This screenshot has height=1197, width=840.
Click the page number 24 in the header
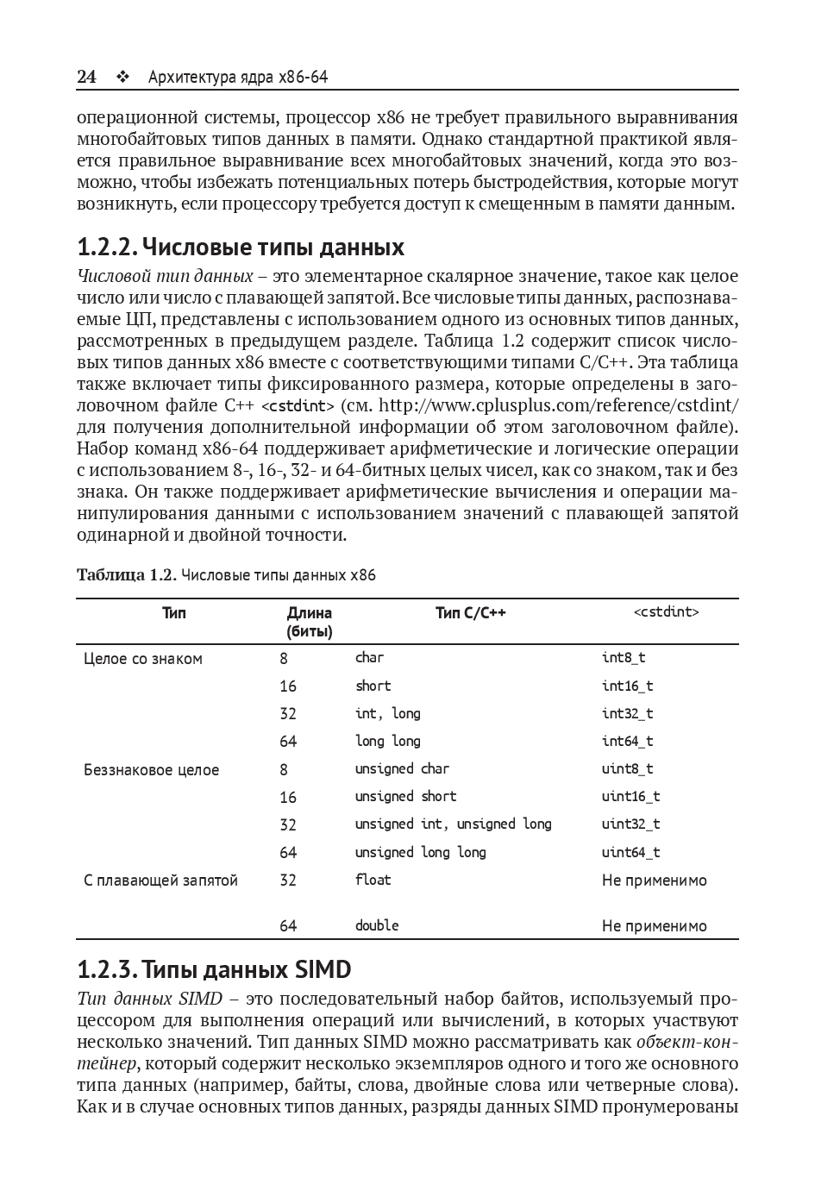point(86,78)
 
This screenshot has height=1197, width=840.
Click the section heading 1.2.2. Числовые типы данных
point(241,248)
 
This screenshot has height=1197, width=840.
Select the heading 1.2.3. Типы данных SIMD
point(214,970)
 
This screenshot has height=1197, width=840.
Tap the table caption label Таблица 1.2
point(126,575)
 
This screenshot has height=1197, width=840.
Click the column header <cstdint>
point(666,612)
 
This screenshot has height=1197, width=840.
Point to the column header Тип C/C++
point(470,613)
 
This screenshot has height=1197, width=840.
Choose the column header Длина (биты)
point(309,622)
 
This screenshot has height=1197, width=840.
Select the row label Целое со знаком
point(143,659)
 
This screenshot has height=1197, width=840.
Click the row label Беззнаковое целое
point(152,770)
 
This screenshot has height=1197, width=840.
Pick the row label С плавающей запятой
point(160,881)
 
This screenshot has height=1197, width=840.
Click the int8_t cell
point(624,658)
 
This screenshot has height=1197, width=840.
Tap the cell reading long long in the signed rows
point(387,741)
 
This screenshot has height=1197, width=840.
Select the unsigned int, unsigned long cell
point(453,824)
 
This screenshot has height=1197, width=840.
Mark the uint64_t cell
point(630,852)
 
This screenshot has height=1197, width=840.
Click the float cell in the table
point(373,880)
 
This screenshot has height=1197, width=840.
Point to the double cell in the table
point(377,925)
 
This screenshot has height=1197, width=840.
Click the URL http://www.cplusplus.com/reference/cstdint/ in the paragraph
point(559,405)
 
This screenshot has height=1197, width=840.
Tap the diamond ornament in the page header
point(122,78)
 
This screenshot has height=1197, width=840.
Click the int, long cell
point(387,713)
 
